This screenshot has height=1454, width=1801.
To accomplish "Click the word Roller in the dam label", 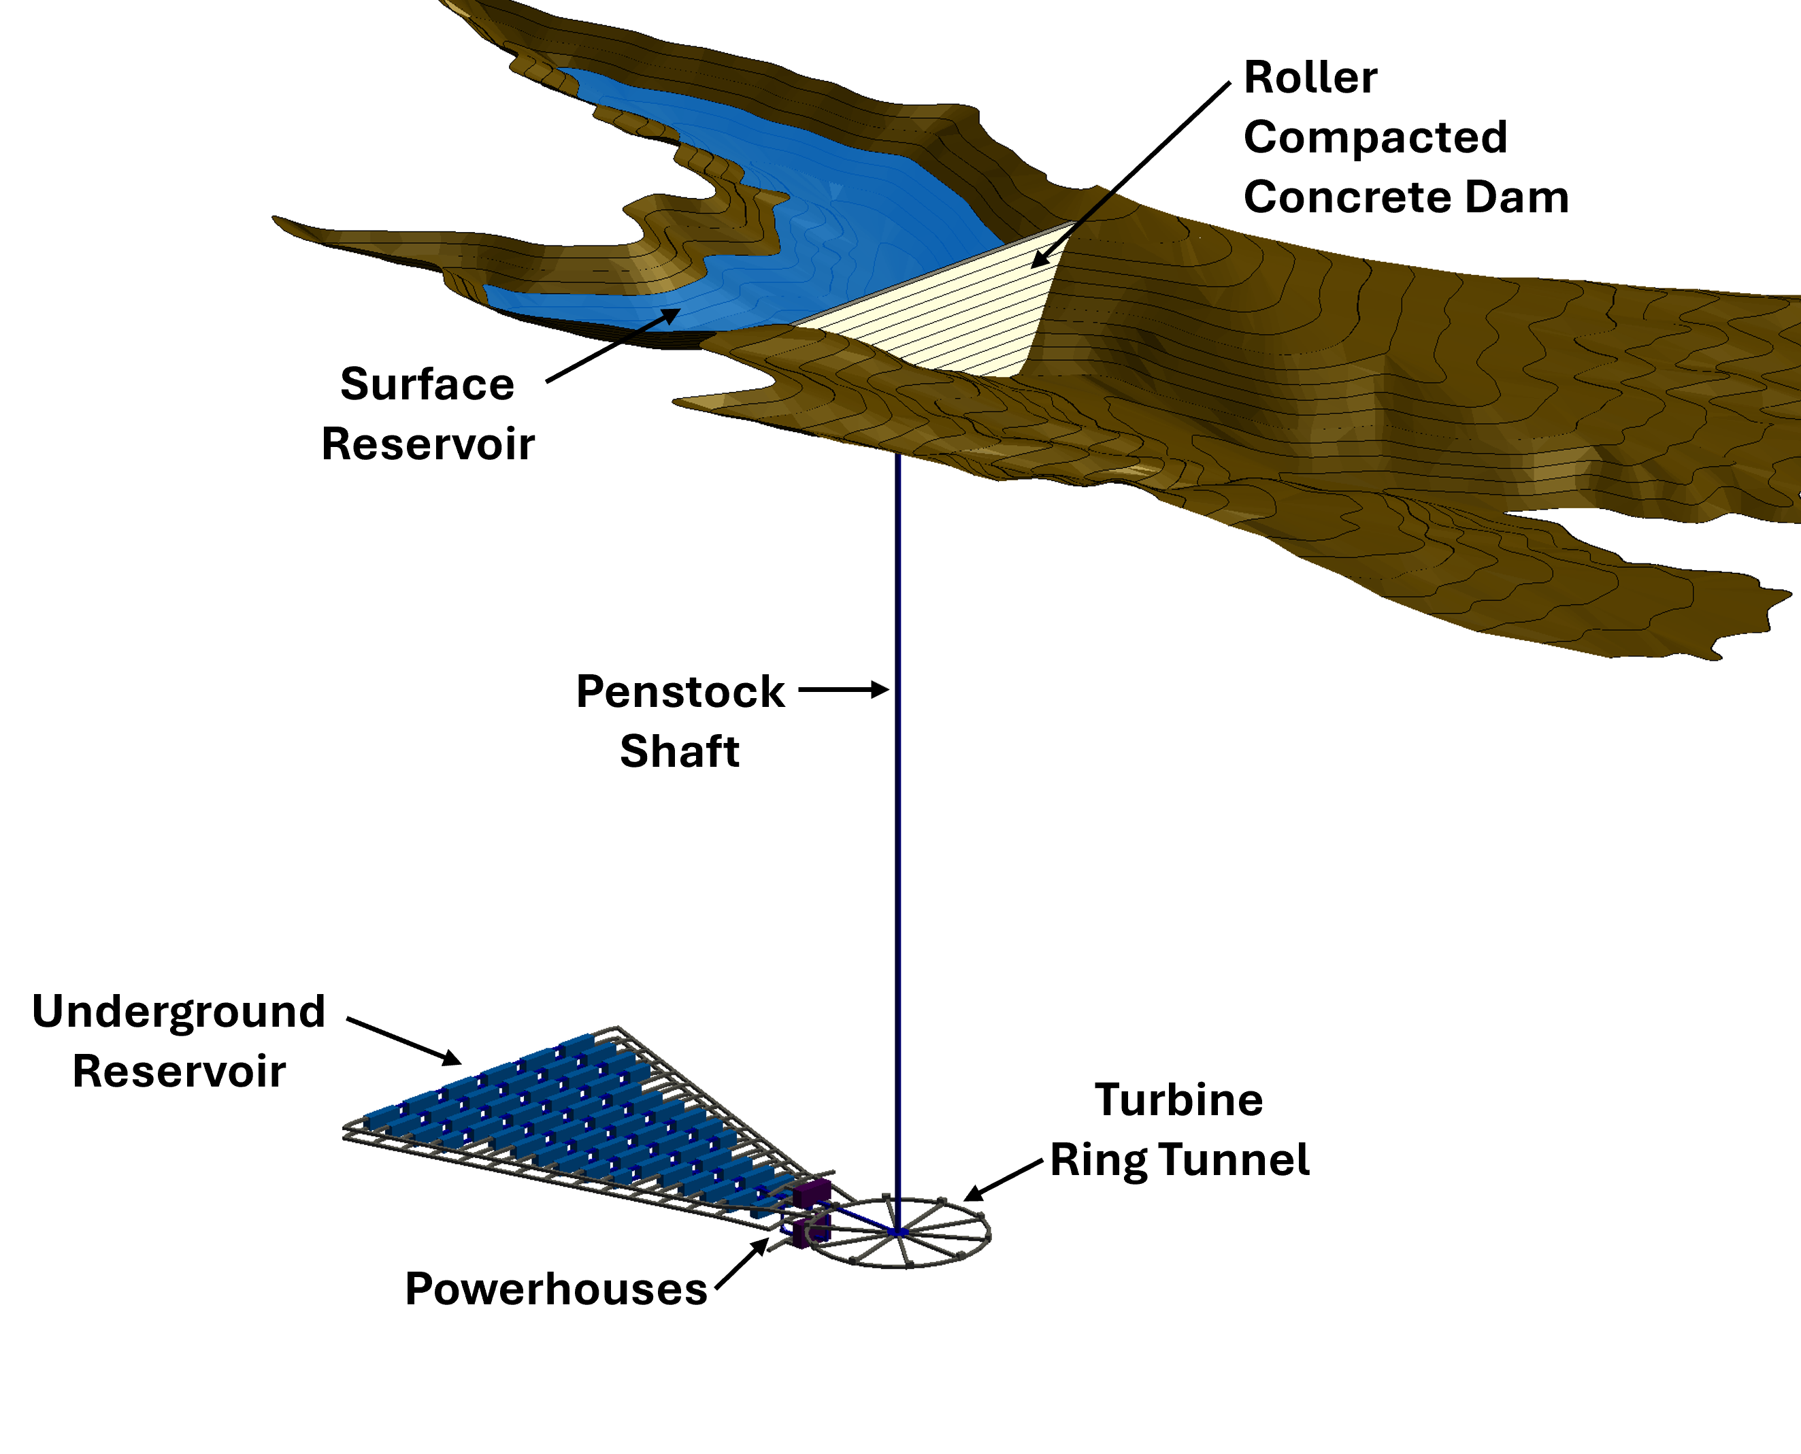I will [1310, 78].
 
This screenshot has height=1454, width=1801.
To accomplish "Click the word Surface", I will [427, 384].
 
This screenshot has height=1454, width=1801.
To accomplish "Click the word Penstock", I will [679, 692].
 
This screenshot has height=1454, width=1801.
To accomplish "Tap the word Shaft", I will [679, 751].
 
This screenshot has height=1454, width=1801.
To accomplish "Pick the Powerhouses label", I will [555, 1288].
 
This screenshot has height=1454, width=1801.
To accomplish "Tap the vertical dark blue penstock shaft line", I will [898, 838].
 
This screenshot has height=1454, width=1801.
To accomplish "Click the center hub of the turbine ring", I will [898, 1233].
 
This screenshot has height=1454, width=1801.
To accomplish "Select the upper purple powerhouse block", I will [812, 1193].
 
